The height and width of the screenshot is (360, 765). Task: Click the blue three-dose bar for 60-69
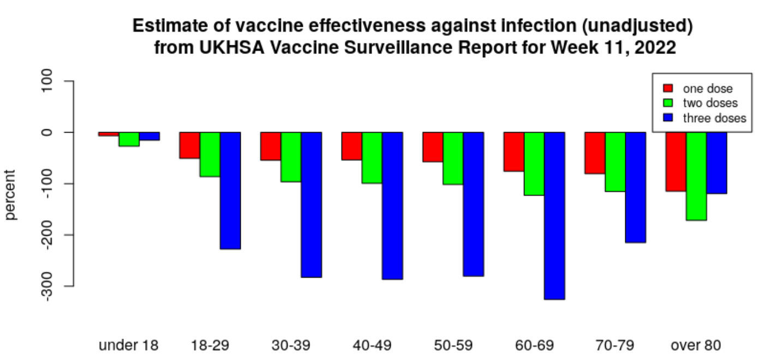(x=554, y=215)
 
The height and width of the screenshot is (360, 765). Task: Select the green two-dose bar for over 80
(x=696, y=176)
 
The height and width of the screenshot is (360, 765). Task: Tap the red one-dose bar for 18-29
(x=190, y=145)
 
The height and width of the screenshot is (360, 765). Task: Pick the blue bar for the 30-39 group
(x=311, y=205)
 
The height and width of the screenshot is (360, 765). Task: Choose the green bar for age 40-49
(x=372, y=158)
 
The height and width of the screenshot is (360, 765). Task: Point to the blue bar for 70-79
(x=635, y=187)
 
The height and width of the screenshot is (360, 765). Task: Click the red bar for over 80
(x=676, y=161)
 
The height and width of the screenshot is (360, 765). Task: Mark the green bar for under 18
(x=129, y=139)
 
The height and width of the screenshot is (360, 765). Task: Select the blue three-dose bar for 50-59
(x=473, y=204)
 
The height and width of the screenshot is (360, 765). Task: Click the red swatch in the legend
(x=667, y=88)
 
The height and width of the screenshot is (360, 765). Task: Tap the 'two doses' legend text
(x=710, y=103)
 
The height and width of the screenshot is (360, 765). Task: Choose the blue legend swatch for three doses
(x=667, y=117)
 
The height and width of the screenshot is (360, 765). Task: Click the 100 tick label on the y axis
(x=53, y=81)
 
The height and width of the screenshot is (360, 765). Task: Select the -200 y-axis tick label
(x=53, y=235)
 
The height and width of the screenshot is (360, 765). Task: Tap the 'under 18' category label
(x=129, y=345)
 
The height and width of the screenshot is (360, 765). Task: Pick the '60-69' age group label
(x=534, y=345)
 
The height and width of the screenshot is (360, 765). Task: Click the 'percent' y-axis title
(x=11, y=194)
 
